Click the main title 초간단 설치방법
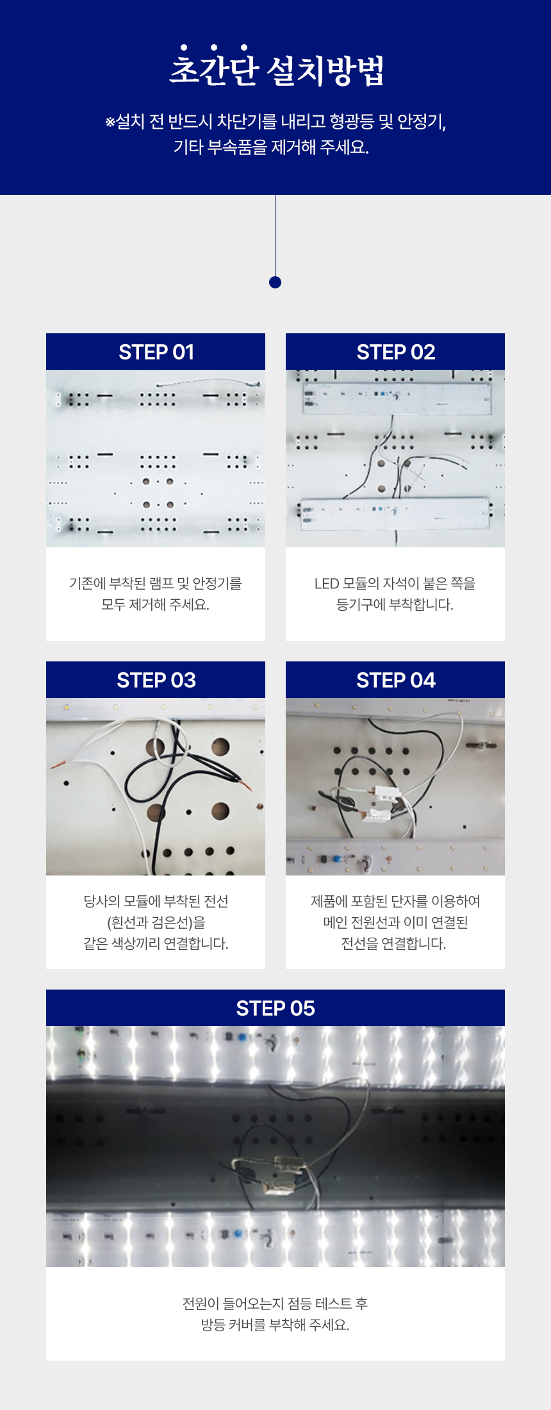pyautogui.click(x=276, y=67)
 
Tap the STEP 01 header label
pyautogui.click(x=156, y=352)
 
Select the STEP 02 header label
pyautogui.click(x=396, y=352)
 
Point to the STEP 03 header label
pyautogui.click(x=156, y=680)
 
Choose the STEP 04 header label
pyautogui.click(x=396, y=680)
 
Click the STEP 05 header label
pyautogui.click(x=275, y=1008)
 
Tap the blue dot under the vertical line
pyautogui.click(x=275, y=282)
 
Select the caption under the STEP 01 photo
pyautogui.click(x=156, y=593)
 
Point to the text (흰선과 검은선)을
pyautogui.click(x=156, y=922)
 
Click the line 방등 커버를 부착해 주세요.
pyautogui.click(x=275, y=1325)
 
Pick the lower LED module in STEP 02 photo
pyautogui.click(x=397, y=514)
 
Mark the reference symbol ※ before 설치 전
pyautogui.click(x=110, y=122)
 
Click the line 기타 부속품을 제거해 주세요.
pyautogui.click(x=272, y=147)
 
